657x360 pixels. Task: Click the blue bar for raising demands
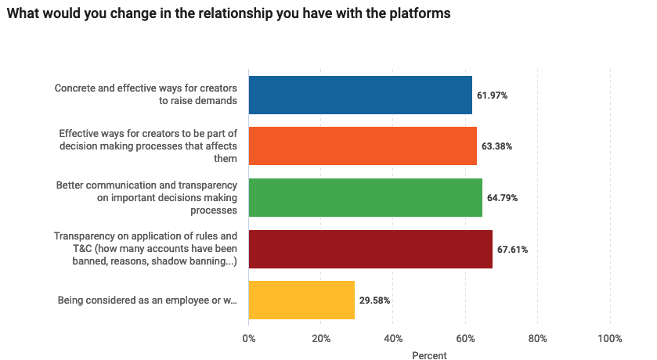360,95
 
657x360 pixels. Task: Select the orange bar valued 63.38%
363,146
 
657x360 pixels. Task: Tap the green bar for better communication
365,197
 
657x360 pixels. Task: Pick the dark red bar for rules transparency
370,249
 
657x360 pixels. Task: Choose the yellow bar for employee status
301,300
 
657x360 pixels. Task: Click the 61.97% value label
492,95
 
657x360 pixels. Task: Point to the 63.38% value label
496,146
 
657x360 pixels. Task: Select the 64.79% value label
502,198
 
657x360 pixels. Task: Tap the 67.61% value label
512,250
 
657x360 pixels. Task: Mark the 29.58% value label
374,301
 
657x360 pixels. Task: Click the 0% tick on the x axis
249,339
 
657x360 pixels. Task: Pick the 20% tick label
321,339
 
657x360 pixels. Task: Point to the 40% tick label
393,339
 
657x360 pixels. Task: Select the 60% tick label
465,339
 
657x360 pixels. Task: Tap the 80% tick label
537,339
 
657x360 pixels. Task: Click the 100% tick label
609,339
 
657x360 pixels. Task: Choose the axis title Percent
429,355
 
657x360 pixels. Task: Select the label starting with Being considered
147,301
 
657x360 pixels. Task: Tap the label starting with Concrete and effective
146,95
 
